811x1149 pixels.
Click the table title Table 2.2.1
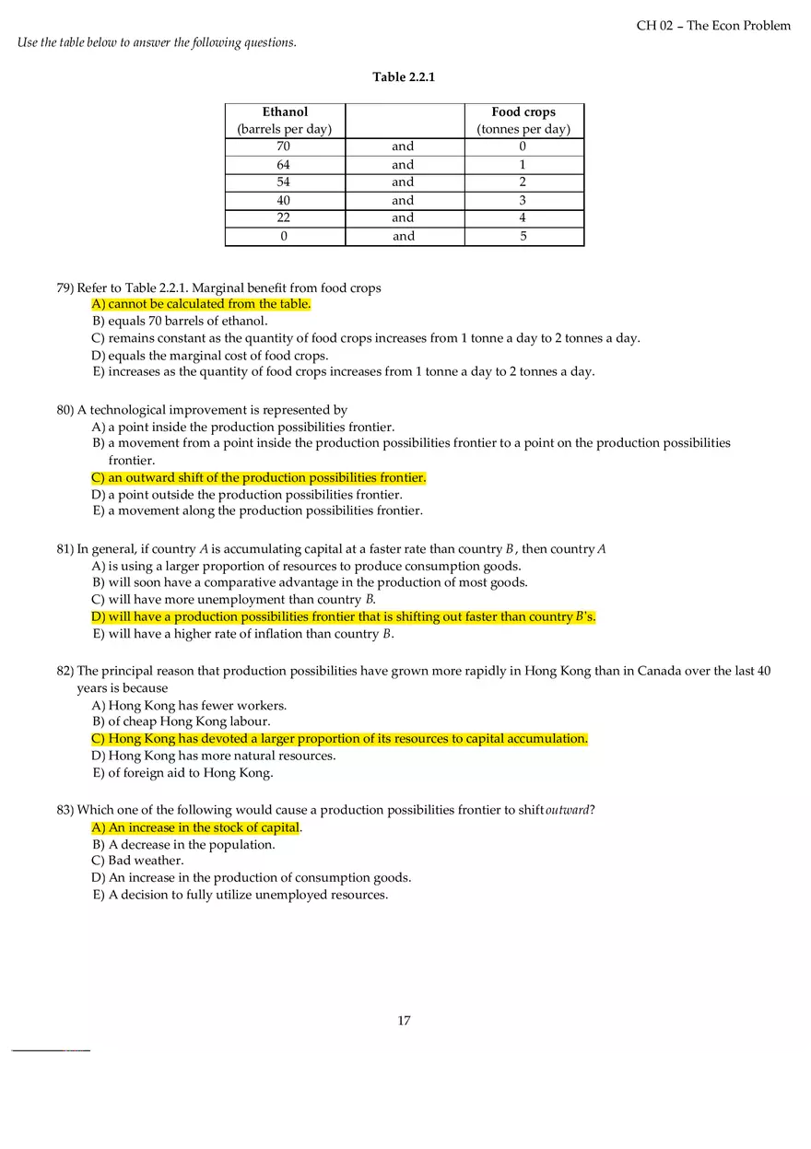pyautogui.click(x=404, y=77)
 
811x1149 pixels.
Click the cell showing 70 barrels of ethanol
pyautogui.click(x=284, y=147)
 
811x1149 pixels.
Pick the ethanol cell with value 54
pyautogui.click(x=284, y=182)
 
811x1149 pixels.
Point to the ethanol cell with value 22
pyautogui.click(x=284, y=218)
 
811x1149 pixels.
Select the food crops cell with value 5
pyautogui.click(x=523, y=237)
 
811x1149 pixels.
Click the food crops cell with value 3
pyautogui.click(x=523, y=201)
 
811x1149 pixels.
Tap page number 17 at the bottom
pyautogui.click(x=404, y=1021)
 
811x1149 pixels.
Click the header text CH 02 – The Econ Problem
pyautogui.click(x=713, y=26)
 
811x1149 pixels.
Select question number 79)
pyautogui.click(x=65, y=288)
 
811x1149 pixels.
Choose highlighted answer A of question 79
pyautogui.click(x=201, y=304)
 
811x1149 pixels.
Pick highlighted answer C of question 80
pyautogui.click(x=258, y=478)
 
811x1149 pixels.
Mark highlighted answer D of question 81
pyautogui.click(x=343, y=617)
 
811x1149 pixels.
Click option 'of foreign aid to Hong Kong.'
pyautogui.click(x=182, y=773)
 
